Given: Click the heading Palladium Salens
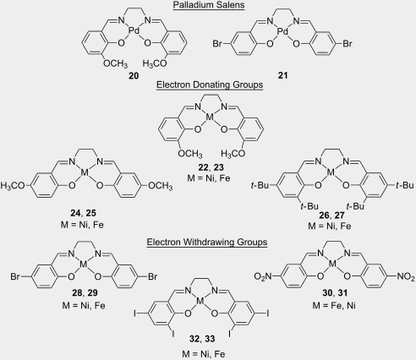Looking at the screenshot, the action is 209,5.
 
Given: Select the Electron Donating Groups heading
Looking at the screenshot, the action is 210,85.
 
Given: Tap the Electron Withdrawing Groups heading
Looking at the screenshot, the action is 207,242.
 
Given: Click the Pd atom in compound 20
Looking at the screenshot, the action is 134,30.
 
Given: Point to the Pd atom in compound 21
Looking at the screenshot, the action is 282,31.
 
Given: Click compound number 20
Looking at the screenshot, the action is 134,75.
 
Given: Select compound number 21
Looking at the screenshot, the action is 282,75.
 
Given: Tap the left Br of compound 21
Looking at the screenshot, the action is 217,44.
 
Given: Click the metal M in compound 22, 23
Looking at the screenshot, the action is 211,117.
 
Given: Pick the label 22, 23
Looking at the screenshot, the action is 211,167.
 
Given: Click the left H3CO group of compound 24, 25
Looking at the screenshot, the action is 13,186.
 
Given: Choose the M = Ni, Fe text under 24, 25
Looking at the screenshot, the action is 82,225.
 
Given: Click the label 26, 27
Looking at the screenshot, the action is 331,215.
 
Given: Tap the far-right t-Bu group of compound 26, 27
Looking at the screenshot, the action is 405,185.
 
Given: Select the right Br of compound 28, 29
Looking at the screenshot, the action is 152,276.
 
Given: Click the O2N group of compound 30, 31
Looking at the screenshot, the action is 263,276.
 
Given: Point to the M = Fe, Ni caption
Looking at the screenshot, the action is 334,305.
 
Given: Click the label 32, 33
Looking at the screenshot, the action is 202,339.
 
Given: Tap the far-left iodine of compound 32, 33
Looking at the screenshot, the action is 135,314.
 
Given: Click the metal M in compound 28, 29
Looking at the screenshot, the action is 84,265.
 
